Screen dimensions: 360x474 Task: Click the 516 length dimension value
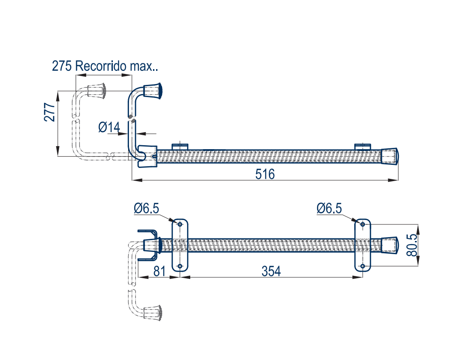click(265, 174)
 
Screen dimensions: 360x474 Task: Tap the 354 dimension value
click(271, 271)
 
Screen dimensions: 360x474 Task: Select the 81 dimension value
click(160, 271)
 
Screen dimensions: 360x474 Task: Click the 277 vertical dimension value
click(49, 112)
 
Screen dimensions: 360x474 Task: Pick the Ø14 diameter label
click(109, 127)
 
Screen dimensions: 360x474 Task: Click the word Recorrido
click(101, 66)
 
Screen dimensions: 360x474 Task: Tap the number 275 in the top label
click(62, 66)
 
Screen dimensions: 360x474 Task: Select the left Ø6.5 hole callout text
click(146, 209)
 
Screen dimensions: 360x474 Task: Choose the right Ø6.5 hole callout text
click(329, 209)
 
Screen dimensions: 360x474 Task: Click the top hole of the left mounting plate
click(180, 224)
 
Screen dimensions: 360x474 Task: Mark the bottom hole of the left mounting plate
click(180, 266)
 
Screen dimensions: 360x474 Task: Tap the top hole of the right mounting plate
click(362, 224)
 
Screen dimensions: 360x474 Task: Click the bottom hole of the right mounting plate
click(362, 266)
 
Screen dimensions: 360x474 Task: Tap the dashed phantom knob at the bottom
click(153, 312)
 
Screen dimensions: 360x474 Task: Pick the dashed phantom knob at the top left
click(97, 90)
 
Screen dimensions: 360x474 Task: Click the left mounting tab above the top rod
click(179, 146)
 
